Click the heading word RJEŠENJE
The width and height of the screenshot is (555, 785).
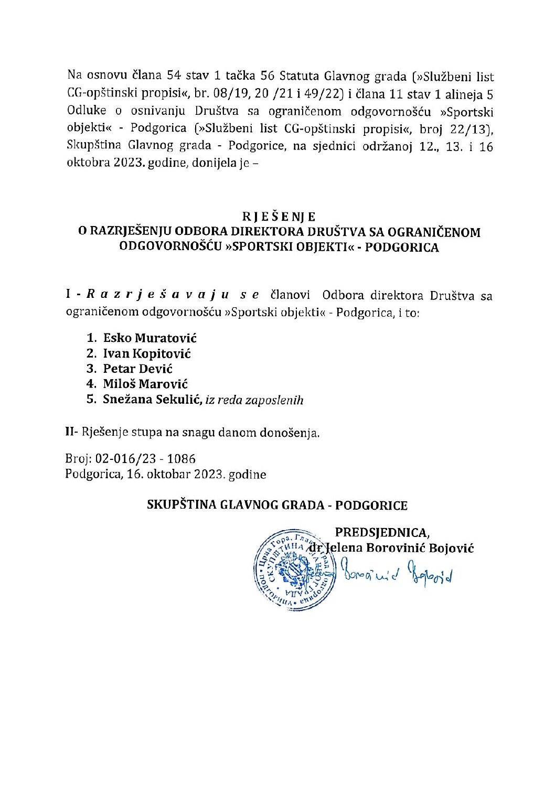click(x=279, y=216)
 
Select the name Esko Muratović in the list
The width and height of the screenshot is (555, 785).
click(x=150, y=338)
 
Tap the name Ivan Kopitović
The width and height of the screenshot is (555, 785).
click(x=147, y=353)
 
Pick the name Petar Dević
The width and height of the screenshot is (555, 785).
click(x=138, y=369)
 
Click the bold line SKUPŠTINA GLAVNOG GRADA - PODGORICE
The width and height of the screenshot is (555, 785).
click(x=277, y=506)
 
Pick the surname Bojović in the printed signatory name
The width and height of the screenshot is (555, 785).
click(x=452, y=549)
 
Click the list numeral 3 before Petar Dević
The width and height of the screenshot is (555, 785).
click(x=90, y=369)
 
